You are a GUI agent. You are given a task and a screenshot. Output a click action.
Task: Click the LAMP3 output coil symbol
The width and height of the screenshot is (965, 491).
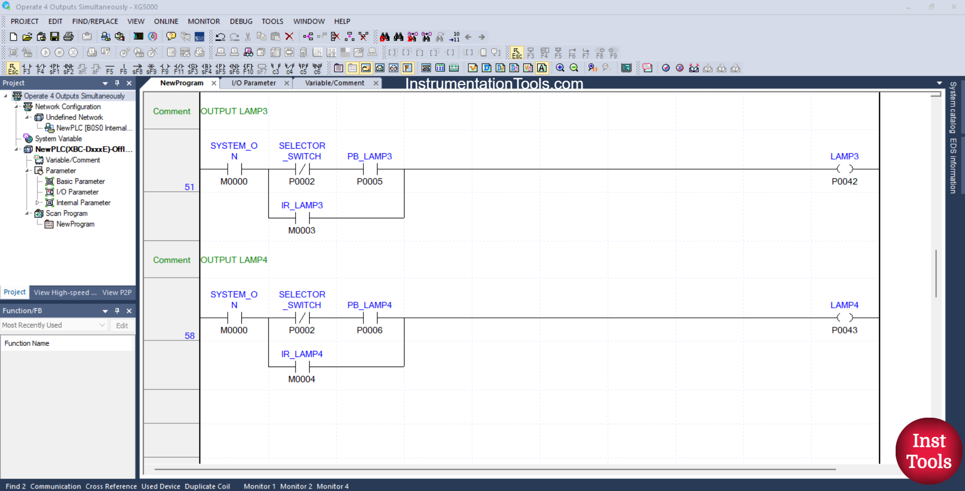844,169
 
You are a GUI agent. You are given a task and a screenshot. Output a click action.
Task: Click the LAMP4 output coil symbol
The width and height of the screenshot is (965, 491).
844,318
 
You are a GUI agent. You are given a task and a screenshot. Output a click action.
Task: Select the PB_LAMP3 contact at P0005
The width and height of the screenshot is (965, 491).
370,169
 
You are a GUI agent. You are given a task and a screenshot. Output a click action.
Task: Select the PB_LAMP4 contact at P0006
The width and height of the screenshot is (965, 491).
370,318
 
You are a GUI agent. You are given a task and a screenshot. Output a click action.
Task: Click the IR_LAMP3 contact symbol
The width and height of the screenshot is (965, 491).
302,218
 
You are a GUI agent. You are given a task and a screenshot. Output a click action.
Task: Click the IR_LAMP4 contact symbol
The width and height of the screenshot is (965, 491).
302,366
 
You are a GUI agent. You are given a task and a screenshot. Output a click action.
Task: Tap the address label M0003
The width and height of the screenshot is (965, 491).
302,230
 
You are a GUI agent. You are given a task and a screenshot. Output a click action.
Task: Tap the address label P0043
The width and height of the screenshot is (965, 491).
844,330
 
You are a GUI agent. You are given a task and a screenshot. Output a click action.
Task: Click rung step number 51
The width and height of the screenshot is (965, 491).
189,187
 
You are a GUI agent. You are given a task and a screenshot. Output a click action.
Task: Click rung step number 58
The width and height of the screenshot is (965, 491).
189,336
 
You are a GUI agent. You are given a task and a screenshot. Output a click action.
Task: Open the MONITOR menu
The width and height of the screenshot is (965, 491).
204,22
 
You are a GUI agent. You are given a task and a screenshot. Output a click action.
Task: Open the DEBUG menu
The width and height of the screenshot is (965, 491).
241,22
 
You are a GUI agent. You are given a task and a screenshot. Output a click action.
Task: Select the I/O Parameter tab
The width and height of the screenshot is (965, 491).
253,83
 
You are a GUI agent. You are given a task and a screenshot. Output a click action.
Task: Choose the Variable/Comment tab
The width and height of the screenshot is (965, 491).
334,83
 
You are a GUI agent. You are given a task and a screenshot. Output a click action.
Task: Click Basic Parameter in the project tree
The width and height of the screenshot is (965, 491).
80,181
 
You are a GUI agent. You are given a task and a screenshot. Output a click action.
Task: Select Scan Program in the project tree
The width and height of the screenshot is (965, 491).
66,213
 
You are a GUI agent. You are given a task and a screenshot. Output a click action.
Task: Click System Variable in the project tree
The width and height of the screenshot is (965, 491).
58,139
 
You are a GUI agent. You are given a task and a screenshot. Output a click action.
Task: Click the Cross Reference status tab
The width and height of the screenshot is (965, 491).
111,486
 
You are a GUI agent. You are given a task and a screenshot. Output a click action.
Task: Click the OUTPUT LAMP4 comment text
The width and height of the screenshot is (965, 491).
234,260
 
